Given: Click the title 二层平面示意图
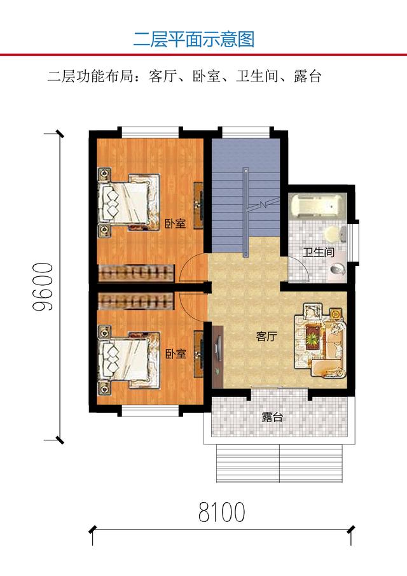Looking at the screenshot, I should click(193, 39).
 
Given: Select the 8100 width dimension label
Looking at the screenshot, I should click(221, 511).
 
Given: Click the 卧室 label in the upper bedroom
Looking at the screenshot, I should click(175, 223).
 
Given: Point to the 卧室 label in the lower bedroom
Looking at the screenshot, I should click(176, 354).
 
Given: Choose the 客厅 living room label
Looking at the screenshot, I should click(266, 337).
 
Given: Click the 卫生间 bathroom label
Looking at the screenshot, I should click(318, 252).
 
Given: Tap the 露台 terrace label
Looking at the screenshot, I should click(272, 418).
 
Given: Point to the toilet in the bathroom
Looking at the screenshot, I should click(338, 269).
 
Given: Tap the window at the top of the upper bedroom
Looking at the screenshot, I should click(150, 132).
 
